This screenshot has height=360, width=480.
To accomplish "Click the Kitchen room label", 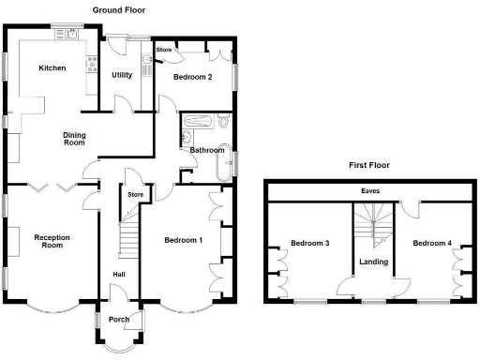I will [51, 68].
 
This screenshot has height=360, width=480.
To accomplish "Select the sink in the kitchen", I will [68, 35].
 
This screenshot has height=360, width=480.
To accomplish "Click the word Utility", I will [122, 75].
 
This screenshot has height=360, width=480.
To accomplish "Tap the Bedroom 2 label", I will [192, 77].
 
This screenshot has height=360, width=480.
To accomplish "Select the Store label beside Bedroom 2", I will [163, 48].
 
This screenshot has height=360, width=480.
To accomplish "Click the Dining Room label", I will [74, 139].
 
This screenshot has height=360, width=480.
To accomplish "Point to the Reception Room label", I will [52, 241].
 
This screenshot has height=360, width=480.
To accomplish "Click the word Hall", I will [119, 274].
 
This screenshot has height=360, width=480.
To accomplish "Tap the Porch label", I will [119, 319].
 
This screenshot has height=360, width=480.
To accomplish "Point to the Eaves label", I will [370, 191].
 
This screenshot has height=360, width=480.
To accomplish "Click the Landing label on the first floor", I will [373, 262].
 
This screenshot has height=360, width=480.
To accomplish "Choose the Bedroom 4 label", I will [431, 243].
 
